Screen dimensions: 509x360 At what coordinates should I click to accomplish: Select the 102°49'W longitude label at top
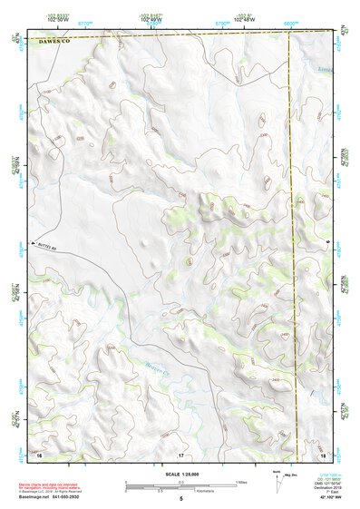151,17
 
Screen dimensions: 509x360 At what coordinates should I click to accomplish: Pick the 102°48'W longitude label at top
243,17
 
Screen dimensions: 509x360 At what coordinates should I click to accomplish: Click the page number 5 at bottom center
181,499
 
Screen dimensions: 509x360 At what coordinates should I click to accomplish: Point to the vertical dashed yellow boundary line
293,227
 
